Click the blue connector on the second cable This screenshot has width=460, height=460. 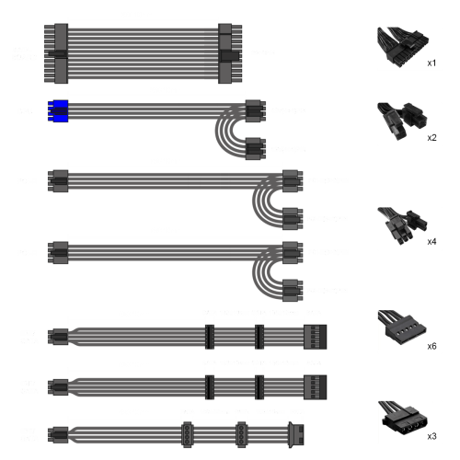(x=58, y=110)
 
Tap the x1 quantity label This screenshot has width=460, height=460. (x=431, y=63)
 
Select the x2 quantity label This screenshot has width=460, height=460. (x=431, y=138)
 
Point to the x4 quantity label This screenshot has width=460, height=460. (x=431, y=242)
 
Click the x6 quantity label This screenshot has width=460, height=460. (x=431, y=346)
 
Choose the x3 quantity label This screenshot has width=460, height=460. (x=431, y=436)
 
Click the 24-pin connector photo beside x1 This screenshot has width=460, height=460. (x=403, y=47)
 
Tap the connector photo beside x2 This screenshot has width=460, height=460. (x=402, y=121)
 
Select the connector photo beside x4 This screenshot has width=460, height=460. (x=402, y=226)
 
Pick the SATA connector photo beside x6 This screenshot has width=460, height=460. (x=402, y=328)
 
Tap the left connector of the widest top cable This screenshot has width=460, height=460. (x=56, y=53)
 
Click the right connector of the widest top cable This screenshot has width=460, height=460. (x=230, y=53)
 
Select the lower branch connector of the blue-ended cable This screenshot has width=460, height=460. (x=255, y=149)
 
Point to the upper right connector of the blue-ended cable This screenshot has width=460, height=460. (x=255, y=110)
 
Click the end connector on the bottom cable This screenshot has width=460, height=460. (x=296, y=434)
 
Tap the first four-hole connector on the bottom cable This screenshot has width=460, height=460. (x=187, y=434)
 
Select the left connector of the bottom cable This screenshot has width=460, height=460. (x=58, y=434)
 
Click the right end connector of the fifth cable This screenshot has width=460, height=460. (x=316, y=337)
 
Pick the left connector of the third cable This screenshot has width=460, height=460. (x=58, y=181)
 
